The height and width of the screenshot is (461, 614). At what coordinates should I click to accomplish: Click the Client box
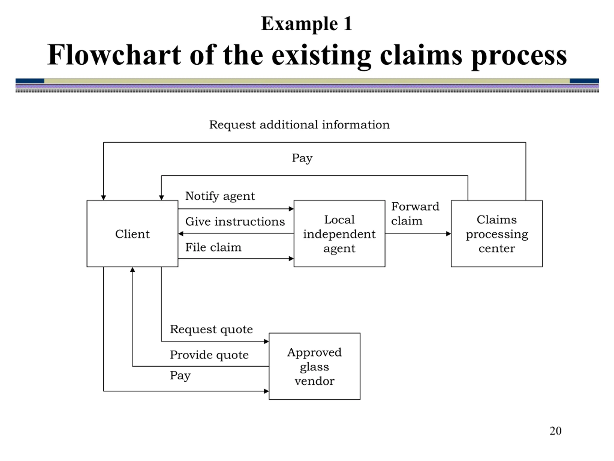pos(132,233)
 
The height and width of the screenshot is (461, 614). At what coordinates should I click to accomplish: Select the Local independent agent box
pos(339,233)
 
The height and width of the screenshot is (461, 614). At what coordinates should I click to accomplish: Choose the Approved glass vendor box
pos(314,366)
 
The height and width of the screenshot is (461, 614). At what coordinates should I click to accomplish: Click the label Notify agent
pos(220,196)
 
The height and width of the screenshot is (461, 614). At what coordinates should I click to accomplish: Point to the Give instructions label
pos(235,221)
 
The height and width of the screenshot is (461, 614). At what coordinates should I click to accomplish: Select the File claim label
pos(213,247)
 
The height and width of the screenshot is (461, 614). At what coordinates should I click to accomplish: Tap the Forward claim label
pos(415,213)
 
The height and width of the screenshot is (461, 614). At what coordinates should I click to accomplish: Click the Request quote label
pos(211,329)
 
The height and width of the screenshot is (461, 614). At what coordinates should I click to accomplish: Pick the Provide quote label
pos(209,355)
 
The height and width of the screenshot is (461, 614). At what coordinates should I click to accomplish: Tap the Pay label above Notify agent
pos(302,158)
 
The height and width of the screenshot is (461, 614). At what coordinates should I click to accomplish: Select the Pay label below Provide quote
pos(180,376)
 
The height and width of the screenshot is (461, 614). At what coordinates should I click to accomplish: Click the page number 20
pos(555,431)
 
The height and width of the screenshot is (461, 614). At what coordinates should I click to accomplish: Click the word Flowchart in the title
pos(114,55)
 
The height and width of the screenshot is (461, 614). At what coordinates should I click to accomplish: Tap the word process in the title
pos(519,57)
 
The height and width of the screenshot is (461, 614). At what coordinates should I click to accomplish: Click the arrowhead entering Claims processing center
pos(449,234)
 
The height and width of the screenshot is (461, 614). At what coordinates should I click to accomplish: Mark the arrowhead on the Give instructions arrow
pos(181,234)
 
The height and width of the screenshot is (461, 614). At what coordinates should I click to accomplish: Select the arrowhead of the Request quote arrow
pos(266,341)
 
